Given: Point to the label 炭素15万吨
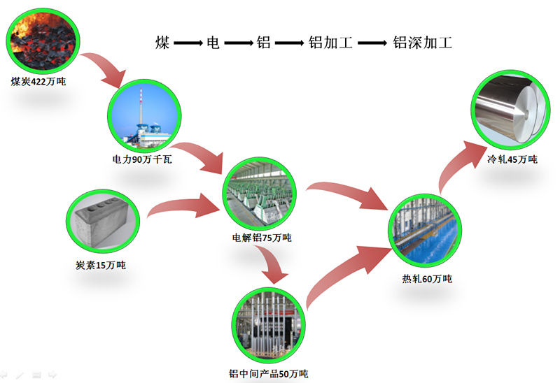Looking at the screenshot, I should click(x=100, y=265).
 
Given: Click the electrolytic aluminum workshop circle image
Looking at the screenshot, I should click(x=260, y=193).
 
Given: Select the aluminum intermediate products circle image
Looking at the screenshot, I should click(x=269, y=322).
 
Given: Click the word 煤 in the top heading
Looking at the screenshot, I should click(x=162, y=43).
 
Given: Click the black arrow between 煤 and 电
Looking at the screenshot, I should click(x=188, y=43).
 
